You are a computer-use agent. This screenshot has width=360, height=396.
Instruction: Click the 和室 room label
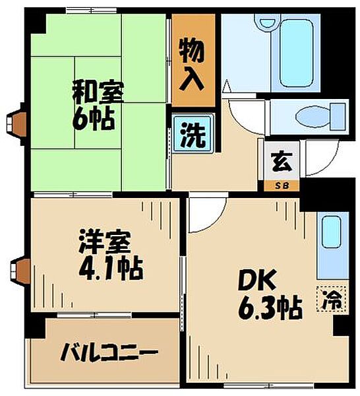coord(98,92)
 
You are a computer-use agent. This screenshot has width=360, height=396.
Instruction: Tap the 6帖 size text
coord(94,119)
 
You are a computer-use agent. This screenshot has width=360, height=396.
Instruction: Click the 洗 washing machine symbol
coord(193,135)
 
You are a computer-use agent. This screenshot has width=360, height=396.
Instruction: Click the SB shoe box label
coord(282,186)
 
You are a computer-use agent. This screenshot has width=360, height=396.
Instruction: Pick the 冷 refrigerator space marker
coord(332,299)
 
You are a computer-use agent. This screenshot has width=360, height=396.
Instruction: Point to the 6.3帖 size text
coord(270,309)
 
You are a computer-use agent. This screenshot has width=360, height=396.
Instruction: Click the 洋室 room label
coord(105,242)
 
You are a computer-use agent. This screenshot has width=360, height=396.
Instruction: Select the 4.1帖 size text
coord(111,269)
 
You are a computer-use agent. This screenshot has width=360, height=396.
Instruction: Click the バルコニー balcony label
coord(109,352)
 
